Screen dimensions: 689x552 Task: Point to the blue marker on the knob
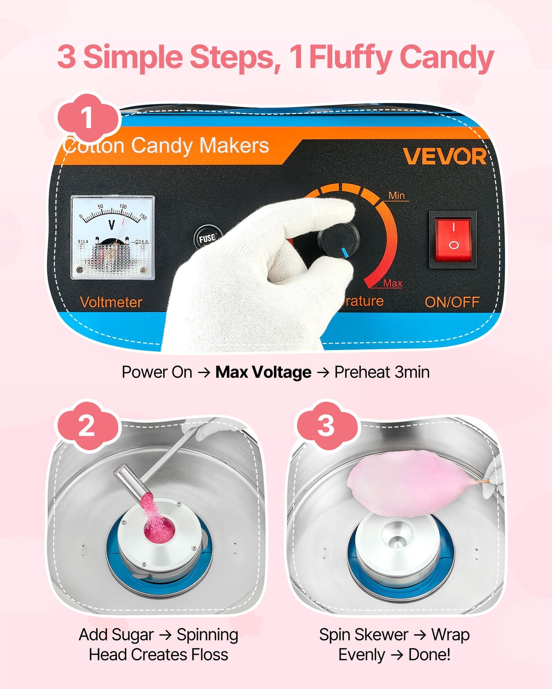point(345,253)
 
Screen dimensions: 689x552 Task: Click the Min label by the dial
point(397,196)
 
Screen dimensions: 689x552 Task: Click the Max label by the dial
point(393,283)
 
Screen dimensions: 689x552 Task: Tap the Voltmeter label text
point(111,302)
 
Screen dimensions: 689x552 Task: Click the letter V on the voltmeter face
point(112,225)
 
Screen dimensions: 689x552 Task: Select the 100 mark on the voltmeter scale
point(123,206)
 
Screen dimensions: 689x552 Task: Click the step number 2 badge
point(87,426)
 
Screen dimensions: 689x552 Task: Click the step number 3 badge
point(326,426)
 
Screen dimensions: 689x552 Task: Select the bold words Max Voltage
point(263,372)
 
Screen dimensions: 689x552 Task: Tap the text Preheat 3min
point(382,372)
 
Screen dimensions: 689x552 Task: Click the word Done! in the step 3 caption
point(429,655)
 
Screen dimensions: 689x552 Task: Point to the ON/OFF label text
point(452,302)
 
